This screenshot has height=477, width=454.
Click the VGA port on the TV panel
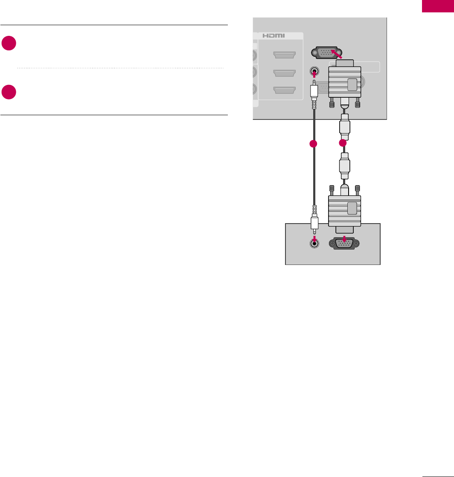[x=328, y=52]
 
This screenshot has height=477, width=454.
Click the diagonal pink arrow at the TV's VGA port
[x=337, y=53]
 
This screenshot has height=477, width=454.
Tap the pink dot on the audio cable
[x=314, y=144]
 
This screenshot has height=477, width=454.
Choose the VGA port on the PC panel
[x=344, y=244]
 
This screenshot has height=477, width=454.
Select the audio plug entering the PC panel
[x=314, y=223]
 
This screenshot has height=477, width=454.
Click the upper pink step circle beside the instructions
[x=9, y=44]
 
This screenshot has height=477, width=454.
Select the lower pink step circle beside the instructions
[x=9, y=93]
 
